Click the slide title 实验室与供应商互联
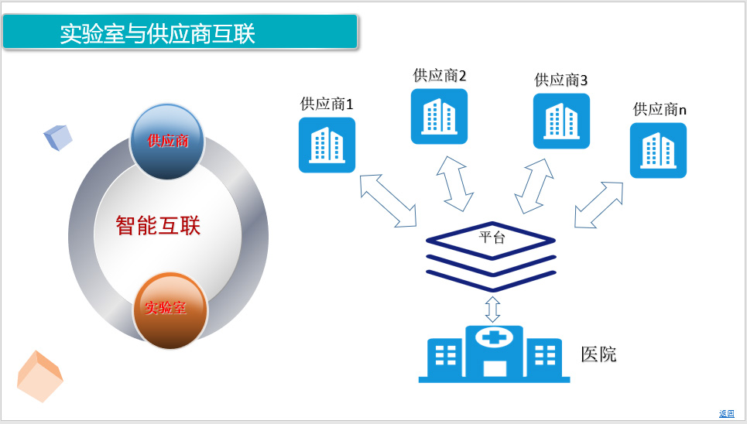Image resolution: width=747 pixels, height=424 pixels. pos(158,33)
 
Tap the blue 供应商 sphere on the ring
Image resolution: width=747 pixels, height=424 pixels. pos(167,142)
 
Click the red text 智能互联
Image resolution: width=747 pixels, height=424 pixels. pos(158,225)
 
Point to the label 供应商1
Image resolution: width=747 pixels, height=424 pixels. pos(327,104)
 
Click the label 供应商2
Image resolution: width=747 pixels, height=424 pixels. pos(439,75)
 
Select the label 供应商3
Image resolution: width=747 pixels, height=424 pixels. pos(560,80)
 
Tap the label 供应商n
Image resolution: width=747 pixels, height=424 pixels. pos(660,110)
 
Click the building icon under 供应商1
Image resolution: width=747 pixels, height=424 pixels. pos(327,145)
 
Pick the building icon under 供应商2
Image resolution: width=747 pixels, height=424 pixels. pos(439,116)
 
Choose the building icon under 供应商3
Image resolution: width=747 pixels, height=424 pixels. pos(561,121)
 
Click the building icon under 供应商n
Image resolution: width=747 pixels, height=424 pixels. pos(659,151)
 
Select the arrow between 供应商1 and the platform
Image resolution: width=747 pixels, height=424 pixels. pos(389,200)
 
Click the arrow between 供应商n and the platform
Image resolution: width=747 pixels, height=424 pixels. pos(598,205)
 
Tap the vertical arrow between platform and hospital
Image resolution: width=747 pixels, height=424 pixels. pos(492,309)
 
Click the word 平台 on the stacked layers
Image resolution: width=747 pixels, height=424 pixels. pos(492,237)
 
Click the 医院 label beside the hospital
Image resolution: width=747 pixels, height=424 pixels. pos(598,354)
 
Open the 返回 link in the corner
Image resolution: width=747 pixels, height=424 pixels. pos(727,413)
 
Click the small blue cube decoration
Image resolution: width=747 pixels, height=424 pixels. pos(57,137)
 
